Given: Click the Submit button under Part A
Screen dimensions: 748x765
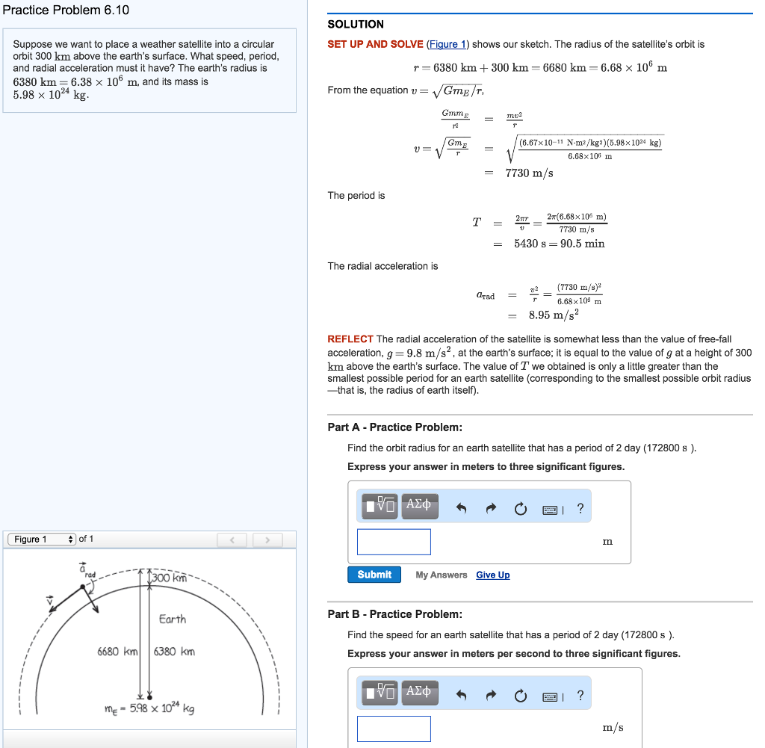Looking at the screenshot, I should point(374,575).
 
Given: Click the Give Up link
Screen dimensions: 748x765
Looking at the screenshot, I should point(492,575).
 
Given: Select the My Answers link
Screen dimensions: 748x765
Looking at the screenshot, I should point(441,575).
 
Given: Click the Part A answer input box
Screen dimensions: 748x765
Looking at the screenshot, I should point(394,542).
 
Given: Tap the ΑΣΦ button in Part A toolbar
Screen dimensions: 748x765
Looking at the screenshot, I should point(420,506).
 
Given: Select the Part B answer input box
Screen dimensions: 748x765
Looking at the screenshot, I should point(394,729).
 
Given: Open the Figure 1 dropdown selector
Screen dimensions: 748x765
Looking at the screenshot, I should point(42,540).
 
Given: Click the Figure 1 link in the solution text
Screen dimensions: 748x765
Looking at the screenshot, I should point(447,44).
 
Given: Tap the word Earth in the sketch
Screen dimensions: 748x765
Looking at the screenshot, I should point(173,619).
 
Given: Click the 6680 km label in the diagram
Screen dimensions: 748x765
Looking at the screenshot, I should point(118,651).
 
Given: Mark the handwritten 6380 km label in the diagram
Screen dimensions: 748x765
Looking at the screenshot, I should point(174,651).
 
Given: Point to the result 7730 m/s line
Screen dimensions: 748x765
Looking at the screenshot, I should point(529,173).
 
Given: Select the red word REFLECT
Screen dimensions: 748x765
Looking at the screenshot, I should point(350,339).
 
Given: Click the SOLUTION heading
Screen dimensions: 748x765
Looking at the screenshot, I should point(356,24).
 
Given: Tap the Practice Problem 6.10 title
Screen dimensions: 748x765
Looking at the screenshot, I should point(66,10).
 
